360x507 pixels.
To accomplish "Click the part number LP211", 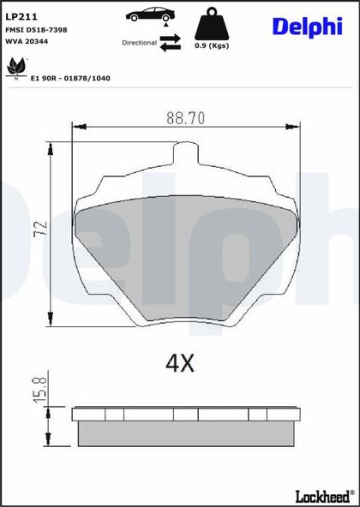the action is tap(21, 17).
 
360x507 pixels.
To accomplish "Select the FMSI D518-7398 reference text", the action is tap(36, 30).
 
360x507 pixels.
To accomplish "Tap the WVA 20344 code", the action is tap(27, 42).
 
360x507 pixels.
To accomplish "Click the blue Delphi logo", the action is tap(308, 27).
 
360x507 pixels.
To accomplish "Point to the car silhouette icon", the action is tap(150, 14).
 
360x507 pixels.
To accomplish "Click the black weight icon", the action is tap(212, 24).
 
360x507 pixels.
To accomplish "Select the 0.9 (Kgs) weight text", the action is tap(212, 46).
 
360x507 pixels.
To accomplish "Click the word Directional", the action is tap(139, 43).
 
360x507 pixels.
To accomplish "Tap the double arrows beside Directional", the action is tap(171, 43).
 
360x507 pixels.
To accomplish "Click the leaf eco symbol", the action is tap(16, 67).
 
